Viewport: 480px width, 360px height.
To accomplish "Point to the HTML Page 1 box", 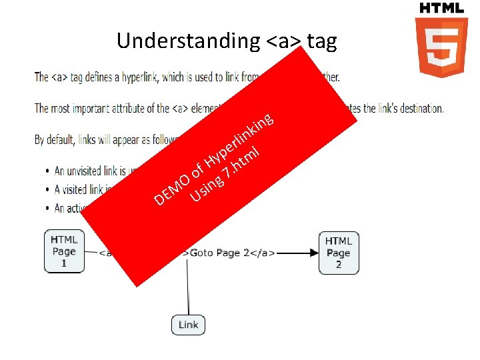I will click(64, 251).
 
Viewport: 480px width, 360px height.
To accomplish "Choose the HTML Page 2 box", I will click(339, 253).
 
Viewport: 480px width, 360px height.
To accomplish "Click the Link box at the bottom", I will click(188, 325).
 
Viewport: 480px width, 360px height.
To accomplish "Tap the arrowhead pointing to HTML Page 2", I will click(313, 253).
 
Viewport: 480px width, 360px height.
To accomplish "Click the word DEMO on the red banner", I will click(171, 189).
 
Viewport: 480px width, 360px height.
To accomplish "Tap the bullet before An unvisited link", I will click(46, 171).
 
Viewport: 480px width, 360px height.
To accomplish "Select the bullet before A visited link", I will click(46, 189).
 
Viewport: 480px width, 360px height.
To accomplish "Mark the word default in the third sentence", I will click(61, 140).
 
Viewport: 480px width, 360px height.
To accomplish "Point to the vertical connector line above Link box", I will click(188, 287).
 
